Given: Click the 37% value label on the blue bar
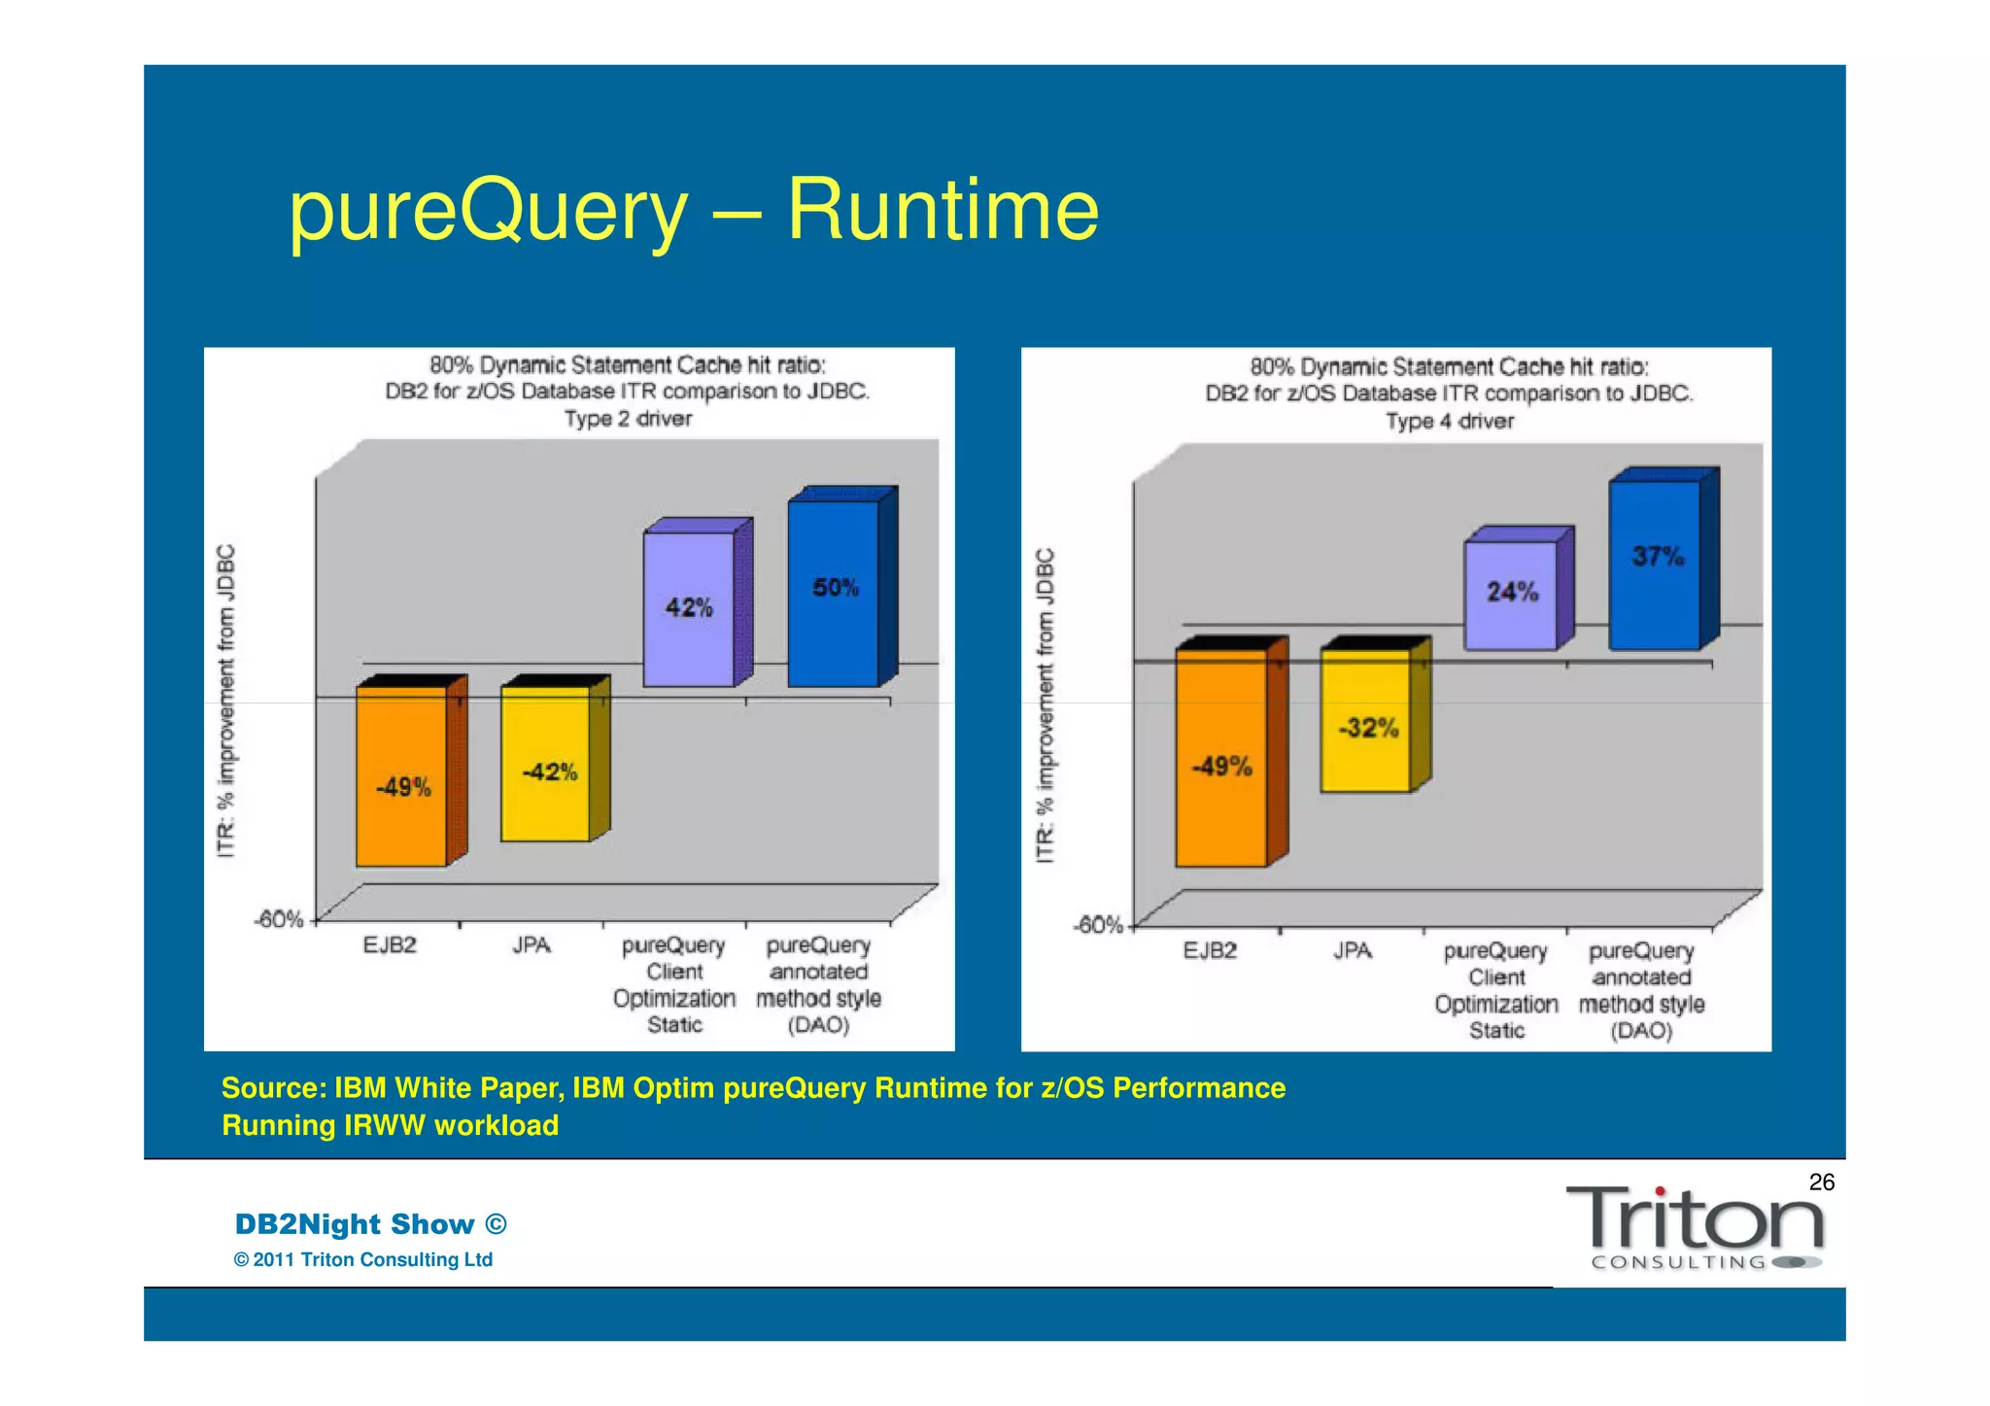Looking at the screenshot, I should click(1658, 557).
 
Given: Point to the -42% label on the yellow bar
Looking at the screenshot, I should click(549, 772).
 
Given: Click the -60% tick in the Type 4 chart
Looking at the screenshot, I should click(1097, 925).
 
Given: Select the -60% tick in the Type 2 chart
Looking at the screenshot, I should click(278, 919).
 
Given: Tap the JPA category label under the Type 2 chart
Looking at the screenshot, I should click(532, 945).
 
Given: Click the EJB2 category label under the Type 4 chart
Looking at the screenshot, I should click(1210, 950).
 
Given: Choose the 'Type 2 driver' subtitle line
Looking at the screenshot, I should click(628, 419).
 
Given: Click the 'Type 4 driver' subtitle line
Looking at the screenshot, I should click(1449, 422).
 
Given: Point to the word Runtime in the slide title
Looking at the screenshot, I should click(943, 210).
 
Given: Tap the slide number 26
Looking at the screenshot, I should click(1821, 1182).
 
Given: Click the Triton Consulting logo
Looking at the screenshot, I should click(1695, 1227).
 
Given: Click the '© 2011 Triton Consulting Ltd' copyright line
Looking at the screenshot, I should click(363, 1259).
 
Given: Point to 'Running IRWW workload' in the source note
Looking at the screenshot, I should click(390, 1125).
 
